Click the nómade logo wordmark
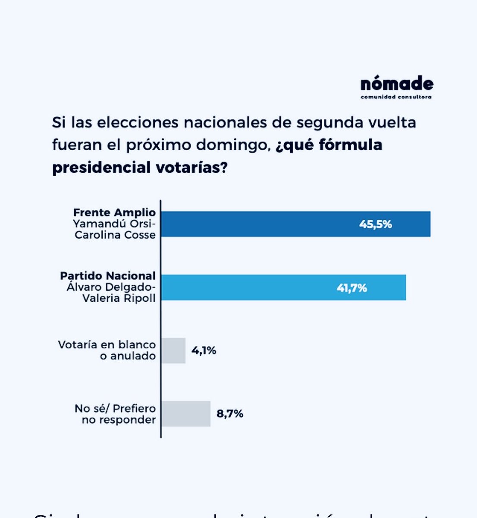[x=396, y=84]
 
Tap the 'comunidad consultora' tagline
[x=396, y=97]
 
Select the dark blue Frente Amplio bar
[x=296, y=224]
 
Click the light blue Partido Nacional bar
[x=283, y=287]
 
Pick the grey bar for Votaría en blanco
[x=173, y=351]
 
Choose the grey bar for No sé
[x=186, y=414]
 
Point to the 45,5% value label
[x=375, y=224]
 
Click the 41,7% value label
[x=351, y=288]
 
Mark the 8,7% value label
[x=229, y=414]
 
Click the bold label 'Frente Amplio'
[x=114, y=212]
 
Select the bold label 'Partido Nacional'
[x=108, y=276]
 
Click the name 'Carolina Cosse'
[x=115, y=235]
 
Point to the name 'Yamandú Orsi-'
[x=114, y=224]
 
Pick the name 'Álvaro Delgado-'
[x=111, y=287]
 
